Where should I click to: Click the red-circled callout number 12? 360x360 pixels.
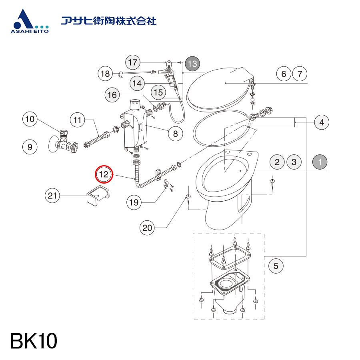tap(104, 174)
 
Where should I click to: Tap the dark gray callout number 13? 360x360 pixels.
tap(192, 64)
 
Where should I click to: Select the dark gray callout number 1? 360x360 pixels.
tap(320, 162)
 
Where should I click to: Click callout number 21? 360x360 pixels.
tap(52, 196)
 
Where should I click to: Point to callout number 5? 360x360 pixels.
tap(276, 266)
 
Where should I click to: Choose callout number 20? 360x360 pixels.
tap(147, 228)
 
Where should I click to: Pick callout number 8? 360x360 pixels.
tap(176, 133)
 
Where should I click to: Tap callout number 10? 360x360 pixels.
tap(30, 119)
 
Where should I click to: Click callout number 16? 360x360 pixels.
tap(112, 94)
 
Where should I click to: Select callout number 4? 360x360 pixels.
tap(322, 122)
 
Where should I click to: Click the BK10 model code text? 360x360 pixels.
tap(34, 341)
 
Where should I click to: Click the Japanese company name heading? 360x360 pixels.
tap(108, 21)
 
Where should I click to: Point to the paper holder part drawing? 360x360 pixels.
tap(98, 194)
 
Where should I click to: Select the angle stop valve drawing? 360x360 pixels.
tap(63, 143)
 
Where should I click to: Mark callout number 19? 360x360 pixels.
tap(134, 202)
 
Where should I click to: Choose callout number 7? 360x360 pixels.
tap(300, 74)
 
